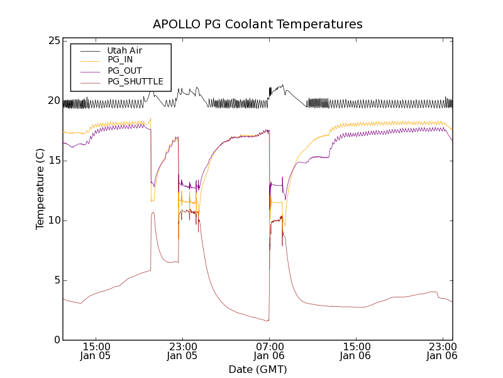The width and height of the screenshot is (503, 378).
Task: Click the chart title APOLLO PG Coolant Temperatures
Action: [x=258, y=25]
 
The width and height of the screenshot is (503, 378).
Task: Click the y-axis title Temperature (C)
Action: [x=40, y=189]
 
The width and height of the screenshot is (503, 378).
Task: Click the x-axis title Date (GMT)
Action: [x=258, y=369]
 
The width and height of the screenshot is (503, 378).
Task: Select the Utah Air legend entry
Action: [x=124, y=50]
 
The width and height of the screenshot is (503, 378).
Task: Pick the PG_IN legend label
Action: [x=120, y=60]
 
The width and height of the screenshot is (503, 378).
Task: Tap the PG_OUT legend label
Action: [x=124, y=71]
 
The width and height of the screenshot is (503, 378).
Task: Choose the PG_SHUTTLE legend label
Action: [x=135, y=81]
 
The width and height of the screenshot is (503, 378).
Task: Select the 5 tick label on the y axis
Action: [x=56, y=280]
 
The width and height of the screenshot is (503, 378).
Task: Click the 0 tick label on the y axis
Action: [x=56, y=340]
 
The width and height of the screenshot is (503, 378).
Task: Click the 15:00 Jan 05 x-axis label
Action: [x=97, y=351]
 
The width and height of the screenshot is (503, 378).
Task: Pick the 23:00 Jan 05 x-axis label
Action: [x=183, y=351]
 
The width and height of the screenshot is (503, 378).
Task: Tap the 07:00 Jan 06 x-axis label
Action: [x=269, y=351]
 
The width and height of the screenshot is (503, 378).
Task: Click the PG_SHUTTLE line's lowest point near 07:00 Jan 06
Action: [x=268, y=321]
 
